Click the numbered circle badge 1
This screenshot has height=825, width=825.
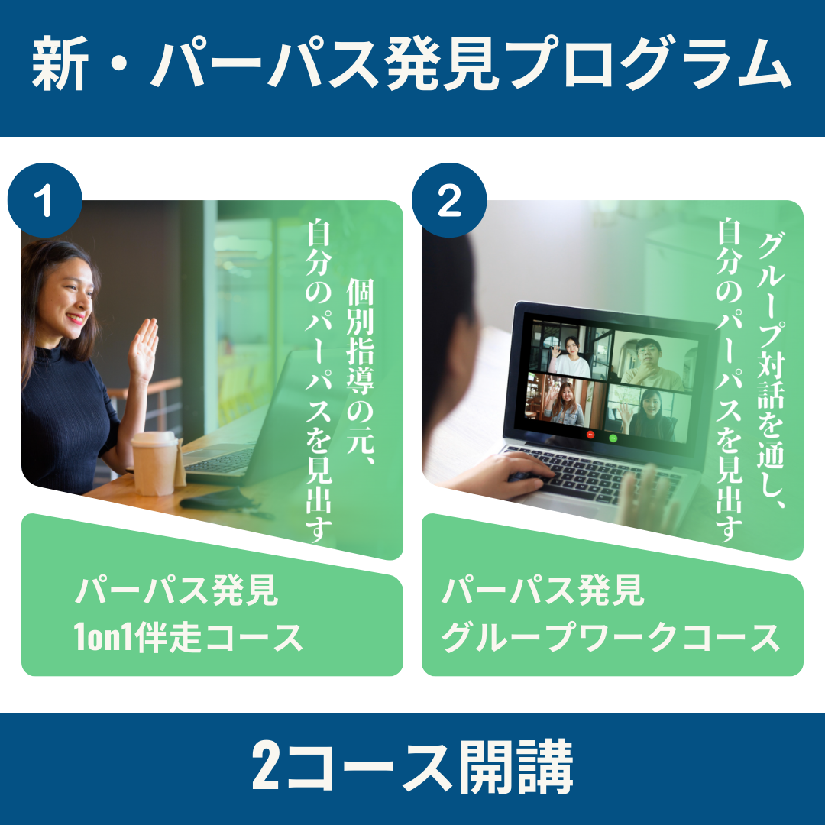tap(45, 200)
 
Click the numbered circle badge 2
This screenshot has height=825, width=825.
tap(449, 200)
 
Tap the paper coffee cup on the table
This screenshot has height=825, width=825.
tap(154, 463)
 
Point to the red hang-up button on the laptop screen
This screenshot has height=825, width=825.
tap(590, 435)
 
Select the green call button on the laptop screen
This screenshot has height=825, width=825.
tap(613, 438)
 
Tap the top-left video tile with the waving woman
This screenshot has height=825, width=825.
tap(569, 349)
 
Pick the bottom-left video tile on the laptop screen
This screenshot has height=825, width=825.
tap(565, 401)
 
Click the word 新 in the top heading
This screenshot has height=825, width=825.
tap(60, 64)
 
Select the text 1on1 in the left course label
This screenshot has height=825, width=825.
tap(104, 637)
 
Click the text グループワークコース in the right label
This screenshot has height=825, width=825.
tap(610, 637)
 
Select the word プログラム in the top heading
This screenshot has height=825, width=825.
tap(651, 64)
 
